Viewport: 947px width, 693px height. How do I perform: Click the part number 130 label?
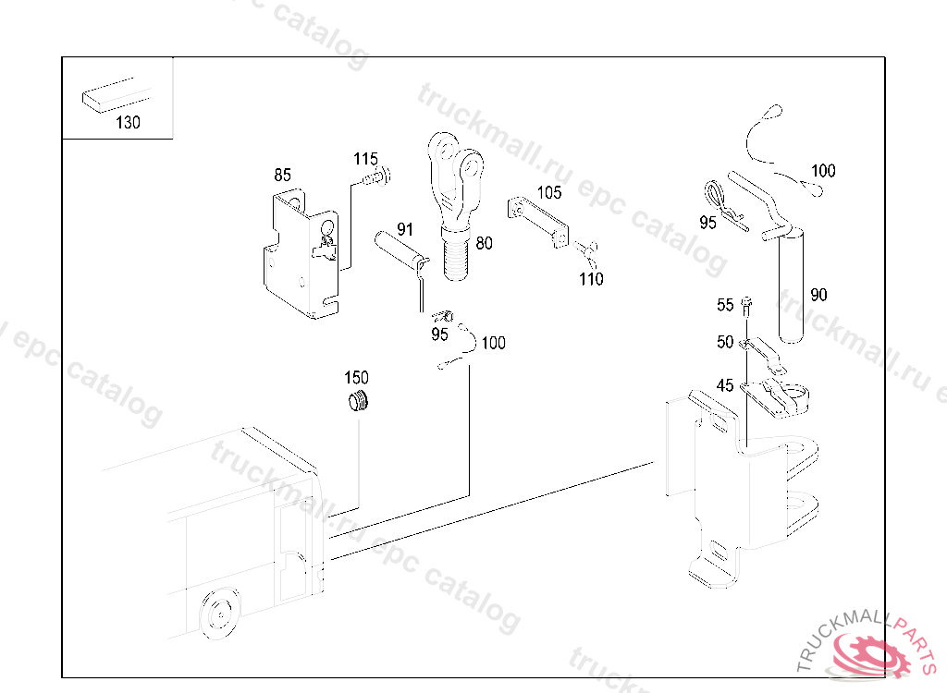point(128,123)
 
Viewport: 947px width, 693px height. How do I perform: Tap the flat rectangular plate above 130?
point(116,95)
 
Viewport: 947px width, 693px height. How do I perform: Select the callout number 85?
point(282,175)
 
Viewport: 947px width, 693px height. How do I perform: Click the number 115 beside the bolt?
point(365,159)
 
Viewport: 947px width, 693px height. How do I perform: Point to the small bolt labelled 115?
point(377,177)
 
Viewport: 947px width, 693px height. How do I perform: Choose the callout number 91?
point(405,229)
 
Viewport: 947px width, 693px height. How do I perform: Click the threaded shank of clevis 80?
point(454,258)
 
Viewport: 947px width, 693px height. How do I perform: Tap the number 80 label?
point(484,243)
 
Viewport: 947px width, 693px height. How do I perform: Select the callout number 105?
point(549,192)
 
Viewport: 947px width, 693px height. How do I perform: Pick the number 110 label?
point(591,279)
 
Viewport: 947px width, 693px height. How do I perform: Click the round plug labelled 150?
point(359,401)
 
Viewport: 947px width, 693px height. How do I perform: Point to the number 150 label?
point(356,378)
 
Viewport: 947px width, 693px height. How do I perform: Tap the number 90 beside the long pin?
point(818,295)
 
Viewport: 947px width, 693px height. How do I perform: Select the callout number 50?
point(725,342)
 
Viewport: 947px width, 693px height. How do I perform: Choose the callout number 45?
point(725,385)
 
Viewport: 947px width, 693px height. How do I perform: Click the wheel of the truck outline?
point(219,613)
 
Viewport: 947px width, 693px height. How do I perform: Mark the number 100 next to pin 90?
point(822,170)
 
